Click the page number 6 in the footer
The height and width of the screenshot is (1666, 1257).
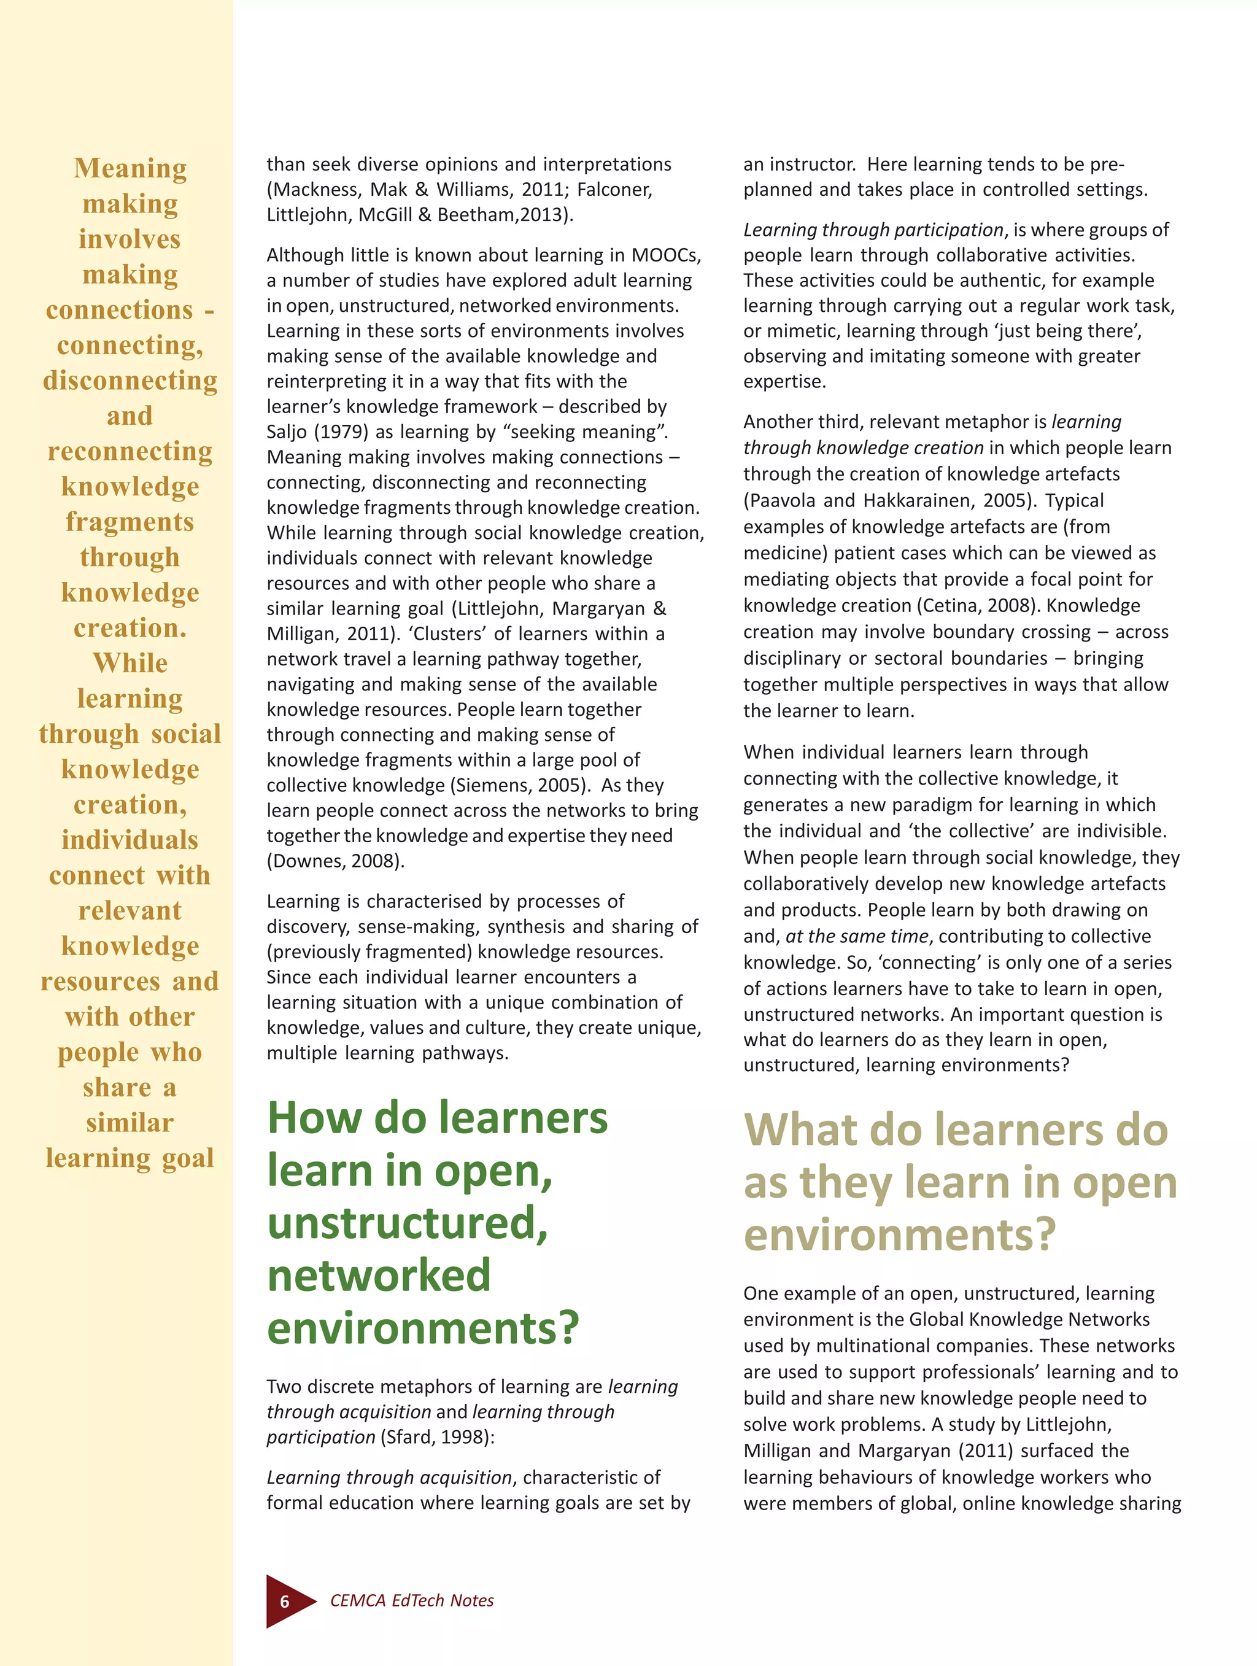coord(285,1601)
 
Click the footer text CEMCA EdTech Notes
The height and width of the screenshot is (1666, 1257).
coord(412,1600)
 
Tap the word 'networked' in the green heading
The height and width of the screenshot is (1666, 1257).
coord(379,1275)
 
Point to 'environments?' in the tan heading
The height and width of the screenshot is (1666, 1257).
coord(900,1235)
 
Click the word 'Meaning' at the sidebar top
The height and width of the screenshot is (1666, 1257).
coord(130,168)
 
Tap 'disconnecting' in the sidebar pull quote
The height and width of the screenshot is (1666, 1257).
coord(130,381)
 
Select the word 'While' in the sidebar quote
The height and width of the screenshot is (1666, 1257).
coord(130,663)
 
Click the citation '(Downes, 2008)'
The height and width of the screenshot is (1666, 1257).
coord(335,861)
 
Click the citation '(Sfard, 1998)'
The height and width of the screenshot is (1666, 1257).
coord(437,1437)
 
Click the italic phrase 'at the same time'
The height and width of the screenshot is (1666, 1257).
coord(856,936)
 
